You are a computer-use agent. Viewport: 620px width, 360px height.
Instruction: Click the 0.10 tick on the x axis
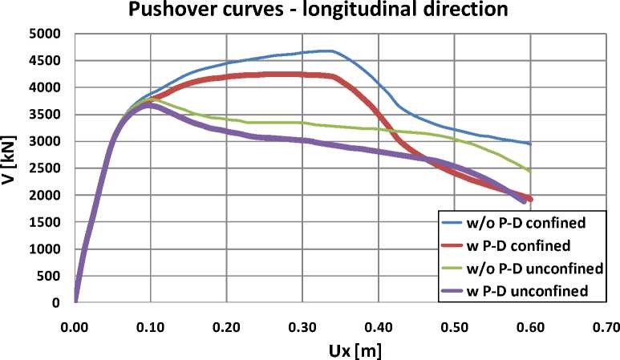[x=150, y=326]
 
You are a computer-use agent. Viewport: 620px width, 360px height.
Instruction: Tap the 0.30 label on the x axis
[x=302, y=326]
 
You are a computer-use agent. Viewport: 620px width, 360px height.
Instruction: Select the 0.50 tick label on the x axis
[x=453, y=326]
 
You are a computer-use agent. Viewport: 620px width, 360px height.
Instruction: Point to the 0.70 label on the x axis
[x=605, y=326]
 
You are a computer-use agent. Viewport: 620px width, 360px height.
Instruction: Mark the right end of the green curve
[x=529, y=171]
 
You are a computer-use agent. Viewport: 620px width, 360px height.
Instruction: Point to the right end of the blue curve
[x=529, y=144]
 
